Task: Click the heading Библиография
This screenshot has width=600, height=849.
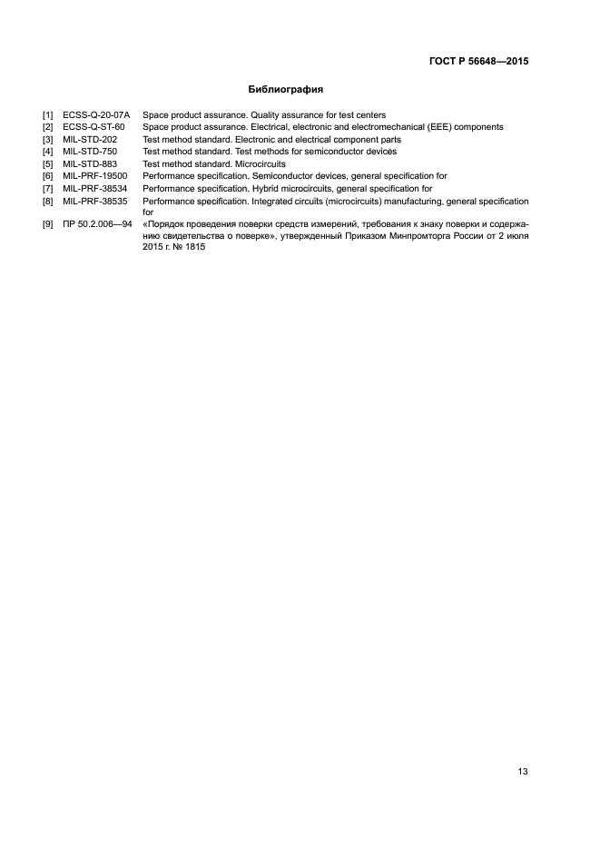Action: pyautogui.click(x=286, y=90)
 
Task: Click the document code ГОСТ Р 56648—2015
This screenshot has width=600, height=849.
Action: pyautogui.click(x=478, y=62)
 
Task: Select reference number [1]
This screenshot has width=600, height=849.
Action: pyautogui.click(x=48, y=115)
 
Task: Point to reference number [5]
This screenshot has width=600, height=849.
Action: pyautogui.click(x=48, y=164)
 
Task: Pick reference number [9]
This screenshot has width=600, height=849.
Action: pyautogui.click(x=48, y=222)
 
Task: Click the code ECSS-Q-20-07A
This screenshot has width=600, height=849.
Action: pyautogui.click(x=97, y=115)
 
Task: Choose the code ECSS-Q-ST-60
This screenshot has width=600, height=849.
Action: pyautogui.click(x=93, y=127)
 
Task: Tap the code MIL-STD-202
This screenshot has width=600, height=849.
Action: pyautogui.click(x=91, y=140)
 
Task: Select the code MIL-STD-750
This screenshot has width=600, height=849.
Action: pyautogui.click(x=91, y=152)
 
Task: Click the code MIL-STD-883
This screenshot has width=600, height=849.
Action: pyautogui.click(x=91, y=164)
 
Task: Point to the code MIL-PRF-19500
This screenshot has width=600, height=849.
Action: pyautogui.click(x=95, y=176)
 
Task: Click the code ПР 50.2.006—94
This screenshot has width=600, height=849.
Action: pyautogui.click(x=98, y=222)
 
